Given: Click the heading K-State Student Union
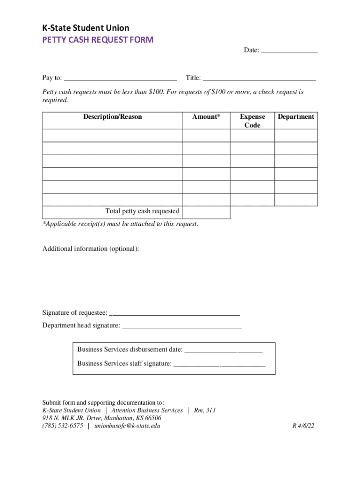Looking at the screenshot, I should tap(86, 28).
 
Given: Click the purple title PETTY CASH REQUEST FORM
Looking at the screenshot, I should tap(97, 40).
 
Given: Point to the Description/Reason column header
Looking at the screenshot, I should tap(112, 117).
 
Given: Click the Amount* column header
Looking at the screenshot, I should tap(206, 117).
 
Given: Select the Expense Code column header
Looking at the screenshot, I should tap(252, 121).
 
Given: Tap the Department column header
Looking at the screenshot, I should tap(296, 117).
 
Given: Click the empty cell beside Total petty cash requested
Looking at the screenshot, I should tap(206, 212).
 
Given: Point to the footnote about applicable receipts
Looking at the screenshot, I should tap(120, 224).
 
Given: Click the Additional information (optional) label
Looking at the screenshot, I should tap(91, 249).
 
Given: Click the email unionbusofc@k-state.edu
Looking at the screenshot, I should tap(127, 426).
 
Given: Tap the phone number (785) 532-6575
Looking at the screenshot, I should tap(63, 426).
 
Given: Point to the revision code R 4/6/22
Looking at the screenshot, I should tap(303, 426).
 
